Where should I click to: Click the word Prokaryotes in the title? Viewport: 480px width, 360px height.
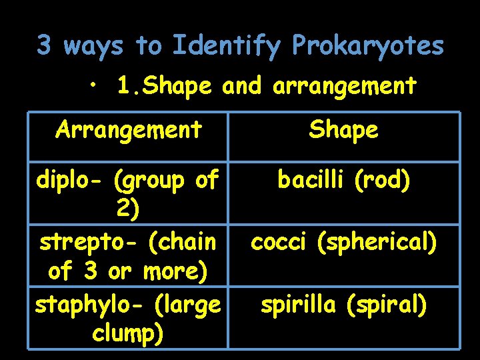coord(367,46)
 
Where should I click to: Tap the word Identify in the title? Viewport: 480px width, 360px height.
coord(227,46)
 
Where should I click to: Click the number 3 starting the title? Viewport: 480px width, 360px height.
coord(44,46)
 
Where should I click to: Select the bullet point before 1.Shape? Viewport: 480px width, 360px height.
coord(97,85)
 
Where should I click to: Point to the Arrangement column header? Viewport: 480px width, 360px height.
coord(129,129)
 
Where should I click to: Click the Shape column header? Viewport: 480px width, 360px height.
coord(343,129)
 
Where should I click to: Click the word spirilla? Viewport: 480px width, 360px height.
coord(299,305)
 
